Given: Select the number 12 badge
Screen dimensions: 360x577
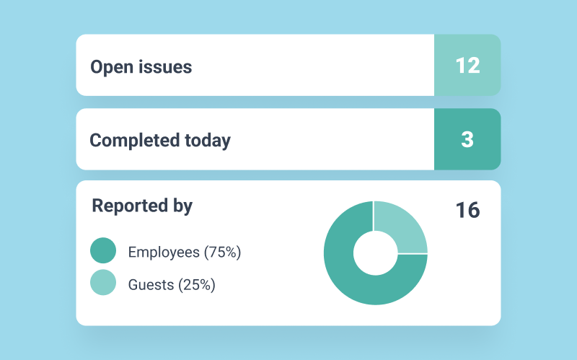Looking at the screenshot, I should coord(467,65).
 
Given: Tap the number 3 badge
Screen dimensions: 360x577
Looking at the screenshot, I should coord(467,139).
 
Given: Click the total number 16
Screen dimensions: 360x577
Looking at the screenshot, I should coord(467,210).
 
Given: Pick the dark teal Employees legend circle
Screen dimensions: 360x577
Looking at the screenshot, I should coord(103,251).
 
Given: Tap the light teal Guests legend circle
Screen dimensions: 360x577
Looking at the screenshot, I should coord(103,283).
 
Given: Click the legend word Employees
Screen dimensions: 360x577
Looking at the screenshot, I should coord(164,253).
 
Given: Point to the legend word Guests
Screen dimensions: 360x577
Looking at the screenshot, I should coord(151,284).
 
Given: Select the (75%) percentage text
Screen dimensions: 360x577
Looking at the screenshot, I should coord(222,253).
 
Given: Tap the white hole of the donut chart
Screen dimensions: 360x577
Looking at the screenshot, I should coord(375,253).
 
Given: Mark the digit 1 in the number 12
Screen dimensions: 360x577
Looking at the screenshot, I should coord(459,66).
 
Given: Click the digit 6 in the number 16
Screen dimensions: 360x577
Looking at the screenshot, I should coord(473,210).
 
